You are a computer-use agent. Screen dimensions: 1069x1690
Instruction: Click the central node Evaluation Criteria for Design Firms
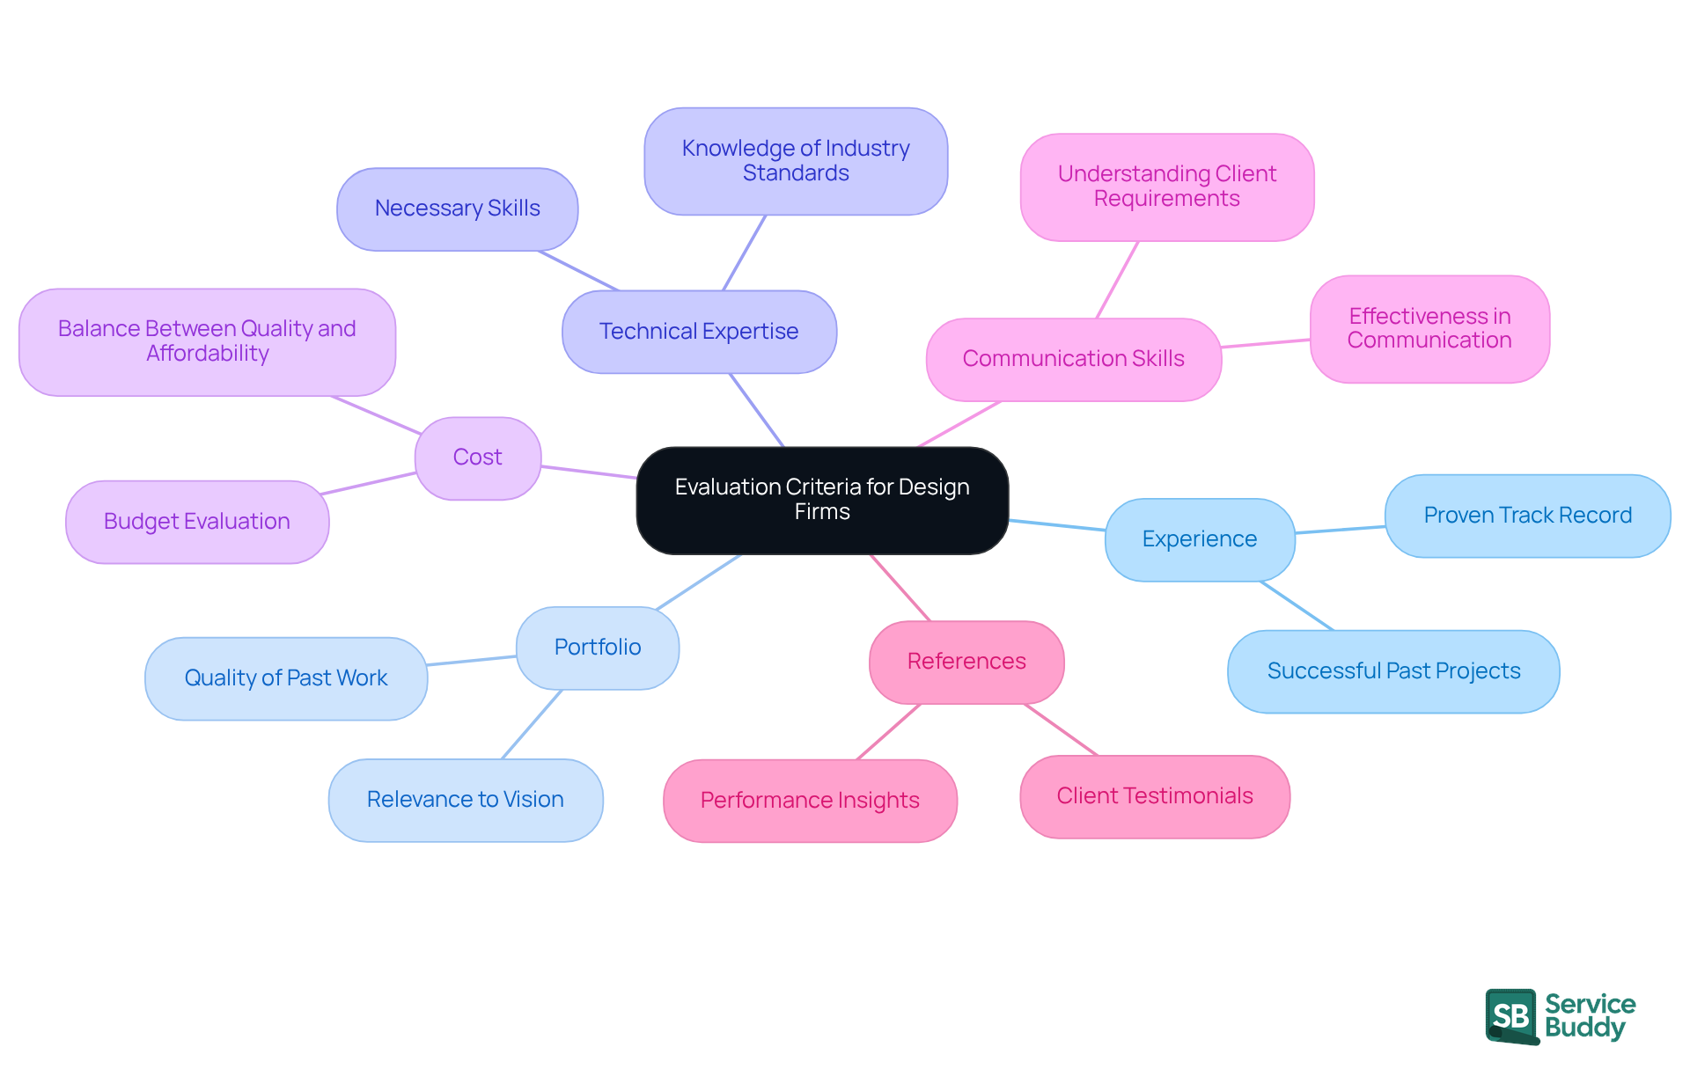(x=822, y=500)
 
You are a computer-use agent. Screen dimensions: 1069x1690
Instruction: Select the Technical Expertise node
(x=699, y=332)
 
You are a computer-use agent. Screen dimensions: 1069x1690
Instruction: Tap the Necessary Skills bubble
(x=457, y=209)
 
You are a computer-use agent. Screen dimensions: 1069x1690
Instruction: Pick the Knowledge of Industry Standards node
(x=796, y=161)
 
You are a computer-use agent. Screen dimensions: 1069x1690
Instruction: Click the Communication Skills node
(x=1073, y=359)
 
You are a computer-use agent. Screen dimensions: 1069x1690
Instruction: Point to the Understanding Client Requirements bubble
(x=1166, y=187)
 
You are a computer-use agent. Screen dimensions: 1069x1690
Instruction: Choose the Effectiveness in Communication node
(x=1429, y=328)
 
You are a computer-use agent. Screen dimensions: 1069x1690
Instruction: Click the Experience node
(x=1199, y=539)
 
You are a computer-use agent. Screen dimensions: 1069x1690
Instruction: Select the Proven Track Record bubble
(x=1527, y=516)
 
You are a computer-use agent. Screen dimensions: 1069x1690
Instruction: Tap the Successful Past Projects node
(x=1392, y=671)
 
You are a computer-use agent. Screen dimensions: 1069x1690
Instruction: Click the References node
(x=966, y=662)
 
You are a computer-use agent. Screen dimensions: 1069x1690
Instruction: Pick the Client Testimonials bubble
(x=1154, y=796)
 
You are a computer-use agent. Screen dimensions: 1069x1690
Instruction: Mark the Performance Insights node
(x=809, y=801)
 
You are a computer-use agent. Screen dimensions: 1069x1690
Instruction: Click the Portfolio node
(x=597, y=648)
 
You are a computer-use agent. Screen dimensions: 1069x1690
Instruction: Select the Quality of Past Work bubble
(x=285, y=678)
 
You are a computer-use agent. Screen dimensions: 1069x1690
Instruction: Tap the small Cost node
(x=477, y=458)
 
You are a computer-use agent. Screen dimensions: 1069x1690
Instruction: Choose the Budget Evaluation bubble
(x=196, y=522)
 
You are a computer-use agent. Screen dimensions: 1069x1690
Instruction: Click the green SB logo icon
(x=1511, y=1016)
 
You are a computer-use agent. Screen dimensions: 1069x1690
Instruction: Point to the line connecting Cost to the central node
(x=588, y=472)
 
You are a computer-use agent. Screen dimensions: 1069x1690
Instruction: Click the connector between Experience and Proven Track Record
(x=1340, y=530)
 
